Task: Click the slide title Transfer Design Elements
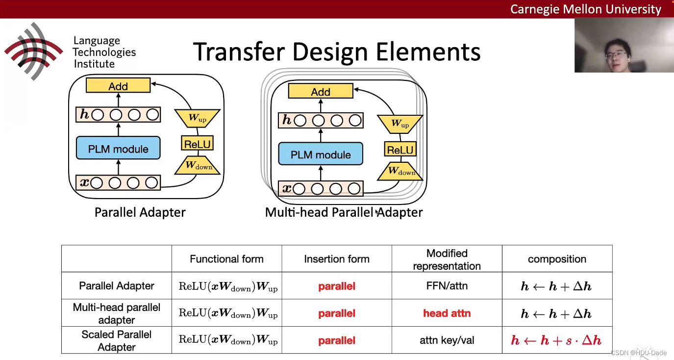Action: (336, 51)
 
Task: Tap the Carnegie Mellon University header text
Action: (585, 9)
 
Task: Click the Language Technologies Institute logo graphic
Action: (33, 51)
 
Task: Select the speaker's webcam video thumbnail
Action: (624, 45)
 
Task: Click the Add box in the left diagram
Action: (118, 86)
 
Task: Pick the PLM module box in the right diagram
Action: (321, 154)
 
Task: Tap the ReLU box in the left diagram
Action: (197, 144)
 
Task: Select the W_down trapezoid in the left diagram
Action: (198, 166)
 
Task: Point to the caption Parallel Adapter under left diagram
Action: (140, 212)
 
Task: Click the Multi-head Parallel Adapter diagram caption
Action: (344, 212)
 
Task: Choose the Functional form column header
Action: (226, 259)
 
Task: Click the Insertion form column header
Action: (337, 259)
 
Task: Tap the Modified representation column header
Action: (447, 259)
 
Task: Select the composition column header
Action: (557, 259)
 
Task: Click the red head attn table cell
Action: (447, 313)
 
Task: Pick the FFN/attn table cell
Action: (447, 286)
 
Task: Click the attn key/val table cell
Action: (447, 340)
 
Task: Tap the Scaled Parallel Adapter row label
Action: (117, 340)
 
